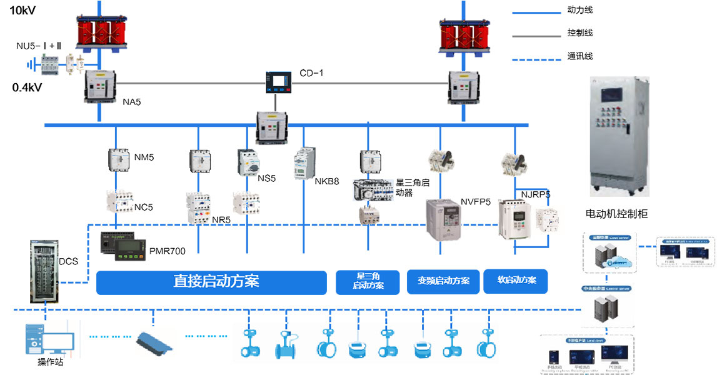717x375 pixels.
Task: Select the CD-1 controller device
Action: (x=276, y=82)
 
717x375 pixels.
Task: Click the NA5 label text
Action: (x=132, y=101)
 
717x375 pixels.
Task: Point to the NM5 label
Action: (x=144, y=157)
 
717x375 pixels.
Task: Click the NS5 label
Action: (x=266, y=178)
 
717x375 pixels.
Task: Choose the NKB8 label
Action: (x=326, y=182)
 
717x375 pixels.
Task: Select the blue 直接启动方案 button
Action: (x=211, y=282)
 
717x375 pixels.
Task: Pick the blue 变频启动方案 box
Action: (x=443, y=281)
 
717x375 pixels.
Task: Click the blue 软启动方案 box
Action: (x=516, y=281)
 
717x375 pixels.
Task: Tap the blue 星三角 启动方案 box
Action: (x=368, y=281)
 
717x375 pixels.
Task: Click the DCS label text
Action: (x=69, y=261)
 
